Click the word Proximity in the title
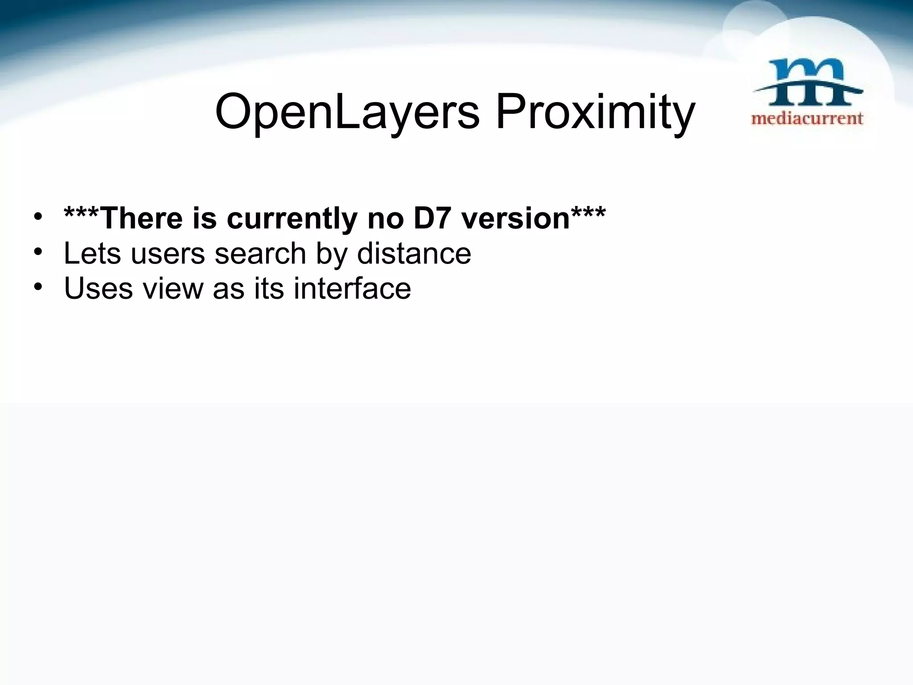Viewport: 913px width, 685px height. point(595,111)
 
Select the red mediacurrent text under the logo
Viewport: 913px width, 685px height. point(807,119)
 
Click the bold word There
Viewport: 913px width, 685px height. point(142,218)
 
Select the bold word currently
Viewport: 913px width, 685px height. point(292,219)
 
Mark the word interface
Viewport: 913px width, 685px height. point(352,289)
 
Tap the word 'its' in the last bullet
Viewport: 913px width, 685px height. point(269,289)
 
